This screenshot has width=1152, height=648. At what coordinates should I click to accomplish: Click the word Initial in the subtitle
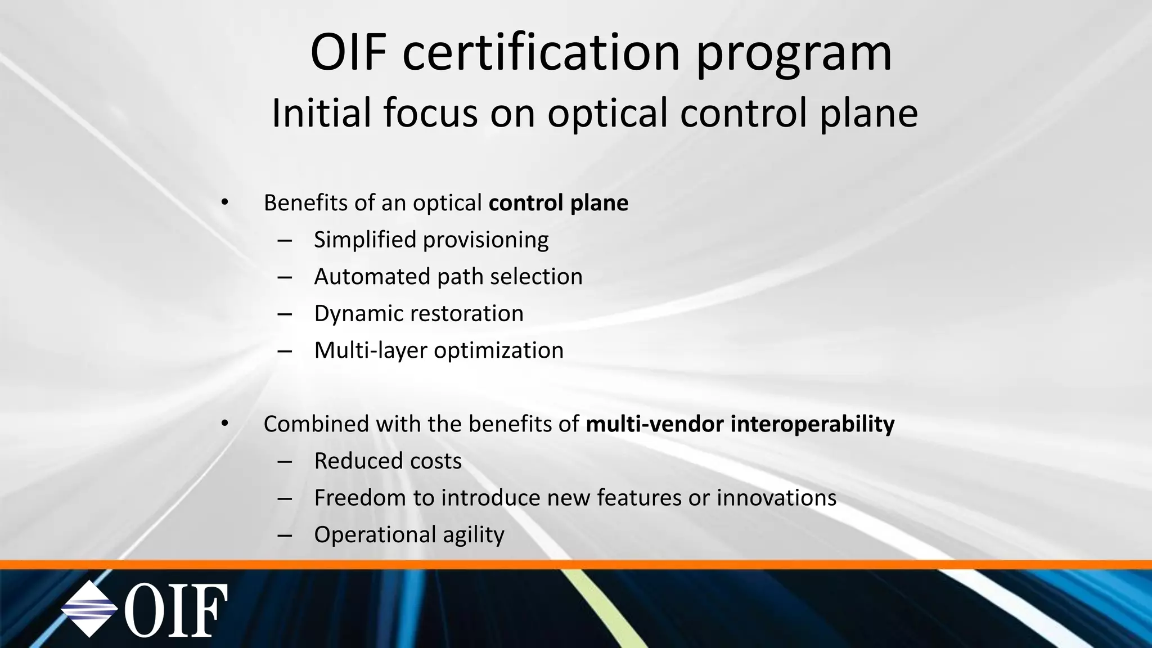[x=321, y=112]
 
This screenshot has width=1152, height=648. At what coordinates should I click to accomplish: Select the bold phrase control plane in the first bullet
[x=558, y=203]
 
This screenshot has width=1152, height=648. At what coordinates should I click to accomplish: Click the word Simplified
[x=364, y=240]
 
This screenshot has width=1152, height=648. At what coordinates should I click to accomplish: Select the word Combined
[x=316, y=424]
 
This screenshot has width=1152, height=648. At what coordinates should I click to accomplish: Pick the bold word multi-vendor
[x=654, y=424]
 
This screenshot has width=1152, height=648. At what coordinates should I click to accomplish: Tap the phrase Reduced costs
[x=388, y=461]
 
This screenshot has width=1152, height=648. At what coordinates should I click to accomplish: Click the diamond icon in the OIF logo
[x=89, y=609]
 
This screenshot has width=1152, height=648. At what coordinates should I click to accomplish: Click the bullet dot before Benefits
[x=225, y=203]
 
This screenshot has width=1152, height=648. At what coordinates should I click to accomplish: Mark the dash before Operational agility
[x=285, y=535]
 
